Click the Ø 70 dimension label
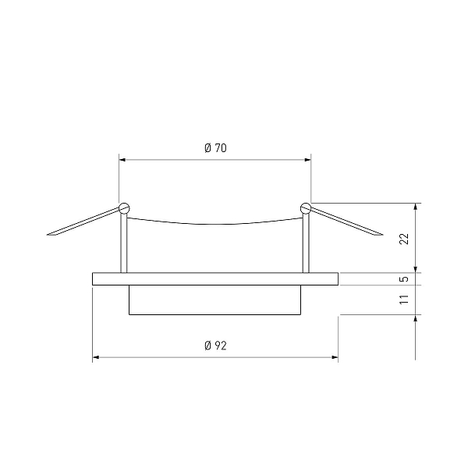(x=215, y=148)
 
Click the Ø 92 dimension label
(x=215, y=346)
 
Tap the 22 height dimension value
(x=404, y=239)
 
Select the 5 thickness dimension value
(x=404, y=279)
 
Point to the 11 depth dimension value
(x=404, y=300)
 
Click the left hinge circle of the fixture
(x=124, y=208)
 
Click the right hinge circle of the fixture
(x=306, y=208)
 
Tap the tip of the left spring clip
(x=48, y=235)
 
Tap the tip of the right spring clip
(x=382, y=235)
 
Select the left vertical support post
(x=123, y=243)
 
